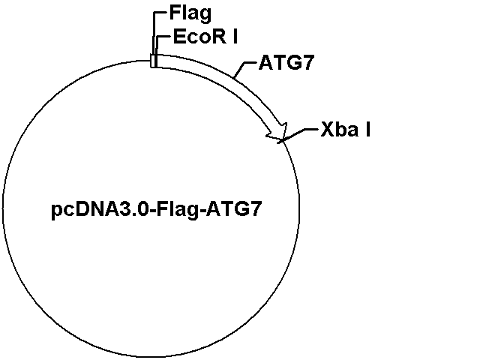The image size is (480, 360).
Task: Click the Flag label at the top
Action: (x=190, y=14)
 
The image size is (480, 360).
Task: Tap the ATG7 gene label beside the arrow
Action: (x=286, y=63)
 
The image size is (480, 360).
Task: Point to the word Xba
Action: (x=340, y=130)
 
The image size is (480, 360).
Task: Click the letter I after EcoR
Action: (x=235, y=37)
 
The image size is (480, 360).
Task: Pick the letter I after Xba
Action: (x=367, y=130)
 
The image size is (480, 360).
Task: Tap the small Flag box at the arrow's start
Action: (x=153, y=61)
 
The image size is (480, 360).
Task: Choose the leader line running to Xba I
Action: (x=298, y=135)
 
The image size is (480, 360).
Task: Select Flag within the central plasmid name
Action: (x=177, y=210)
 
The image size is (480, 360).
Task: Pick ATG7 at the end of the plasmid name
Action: (x=233, y=209)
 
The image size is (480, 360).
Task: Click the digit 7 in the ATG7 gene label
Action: (x=308, y=63)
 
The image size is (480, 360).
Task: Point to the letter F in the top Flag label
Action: (x=175, y=13)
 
